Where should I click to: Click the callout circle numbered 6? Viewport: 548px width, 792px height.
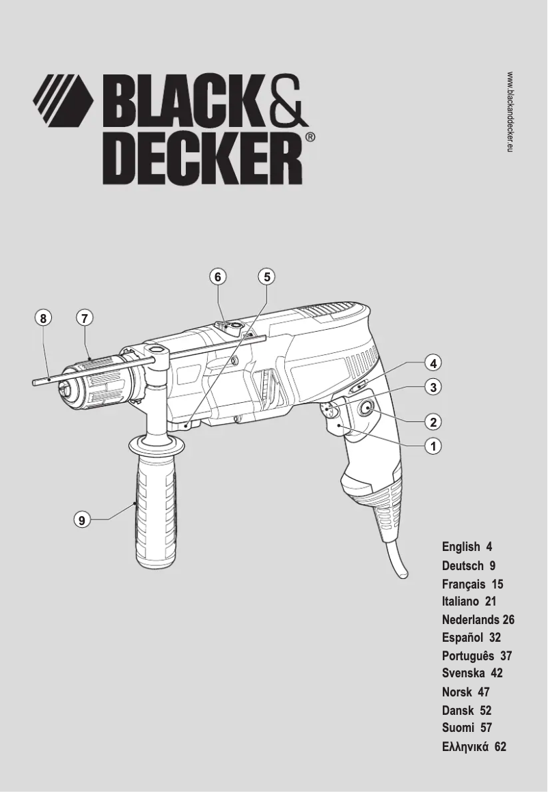[x=217, y=277]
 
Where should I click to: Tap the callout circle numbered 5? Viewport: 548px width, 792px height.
[x=266, y=277]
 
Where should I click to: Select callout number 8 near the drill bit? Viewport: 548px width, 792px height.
[x=43, y=317]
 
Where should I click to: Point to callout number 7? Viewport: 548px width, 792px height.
[x=84, y=317]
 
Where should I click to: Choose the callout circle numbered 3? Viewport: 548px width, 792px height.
[x=432, y=387]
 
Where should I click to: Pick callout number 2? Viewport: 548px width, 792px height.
[x=432, y=419]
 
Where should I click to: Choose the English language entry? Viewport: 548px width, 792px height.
[x=461, y=547]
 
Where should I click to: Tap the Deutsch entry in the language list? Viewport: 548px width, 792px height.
[x=464, y=565]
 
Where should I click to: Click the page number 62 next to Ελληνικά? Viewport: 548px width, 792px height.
[x=500, y=747]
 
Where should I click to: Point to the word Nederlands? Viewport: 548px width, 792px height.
[x=471, y=620]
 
